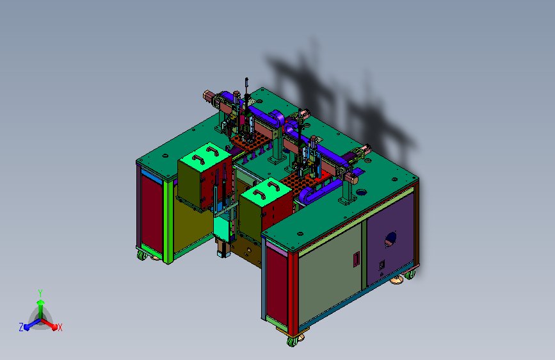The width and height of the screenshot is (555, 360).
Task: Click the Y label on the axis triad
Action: [40, 293]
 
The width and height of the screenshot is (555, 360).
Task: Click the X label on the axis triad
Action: [60, 327]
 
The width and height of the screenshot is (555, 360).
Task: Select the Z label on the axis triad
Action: [21, 327]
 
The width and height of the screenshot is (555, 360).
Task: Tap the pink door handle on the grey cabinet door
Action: [357, 259]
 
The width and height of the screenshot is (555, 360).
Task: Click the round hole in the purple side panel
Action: [390, 239]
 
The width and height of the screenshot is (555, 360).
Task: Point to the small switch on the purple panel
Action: [382, 265]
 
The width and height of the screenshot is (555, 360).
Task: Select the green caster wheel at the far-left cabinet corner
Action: [141, 255]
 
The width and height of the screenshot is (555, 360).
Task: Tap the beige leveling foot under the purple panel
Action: [396, 281]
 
